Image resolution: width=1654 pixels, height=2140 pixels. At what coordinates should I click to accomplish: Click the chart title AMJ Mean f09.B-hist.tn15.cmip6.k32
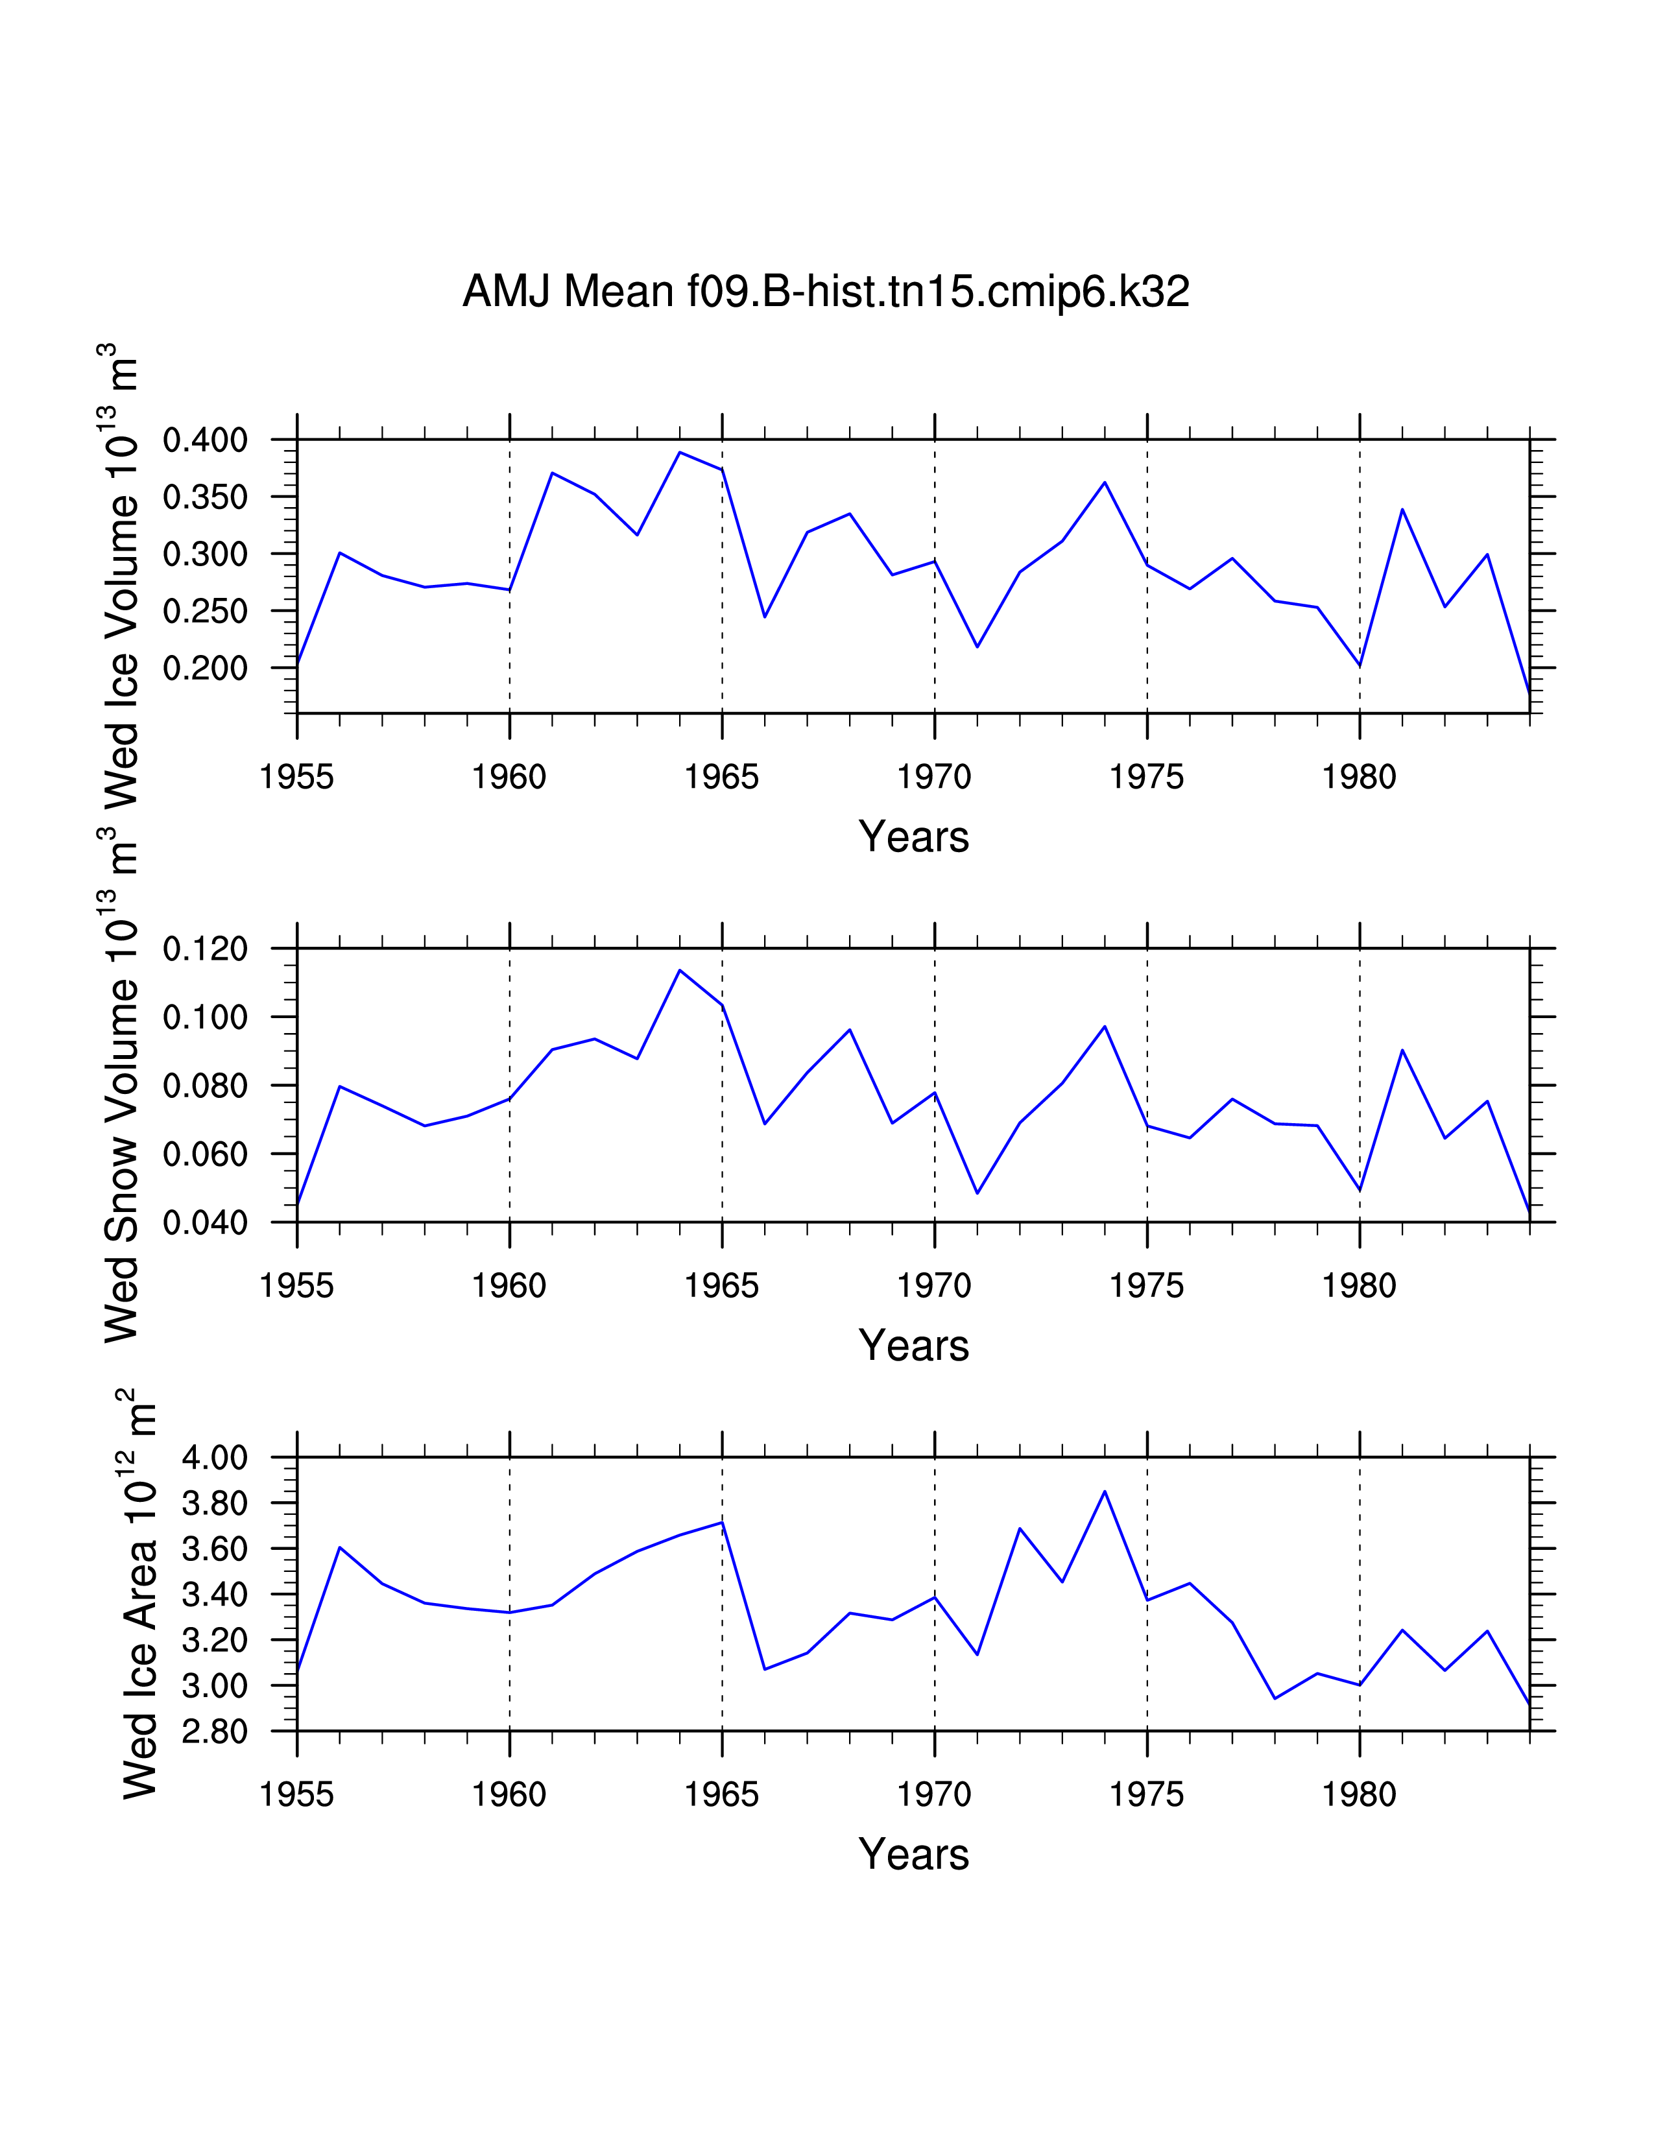click(x=825, y=292)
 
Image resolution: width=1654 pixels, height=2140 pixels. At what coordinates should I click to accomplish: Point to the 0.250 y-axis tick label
click(x=205, y=612)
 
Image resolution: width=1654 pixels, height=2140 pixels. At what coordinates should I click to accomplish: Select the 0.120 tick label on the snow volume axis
click(x=205, y=949)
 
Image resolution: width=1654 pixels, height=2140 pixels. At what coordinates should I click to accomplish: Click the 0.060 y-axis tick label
click(x=205, y=1154)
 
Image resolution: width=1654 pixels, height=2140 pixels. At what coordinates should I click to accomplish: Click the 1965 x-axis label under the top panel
click(x=721, y=777)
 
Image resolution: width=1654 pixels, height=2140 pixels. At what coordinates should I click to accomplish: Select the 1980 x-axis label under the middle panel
click(x=1359, y=1285)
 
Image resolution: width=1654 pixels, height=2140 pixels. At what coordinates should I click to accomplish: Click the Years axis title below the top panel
click(x=913, y=837)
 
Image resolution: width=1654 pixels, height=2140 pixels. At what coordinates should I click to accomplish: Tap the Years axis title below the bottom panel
click(x=913, y=1855)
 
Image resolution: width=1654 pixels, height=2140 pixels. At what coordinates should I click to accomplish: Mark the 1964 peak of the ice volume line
click(x=679, y=453)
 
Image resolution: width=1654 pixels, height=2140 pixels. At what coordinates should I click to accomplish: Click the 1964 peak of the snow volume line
click(x=679, y=970)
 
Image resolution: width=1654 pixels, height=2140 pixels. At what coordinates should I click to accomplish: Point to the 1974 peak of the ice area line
click(x=1105, y=1492)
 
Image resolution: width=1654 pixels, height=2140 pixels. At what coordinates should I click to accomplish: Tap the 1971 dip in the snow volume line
click(x=977, y=1193)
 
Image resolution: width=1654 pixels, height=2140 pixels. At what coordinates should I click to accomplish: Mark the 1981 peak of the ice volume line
click(x=1402, y=510)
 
